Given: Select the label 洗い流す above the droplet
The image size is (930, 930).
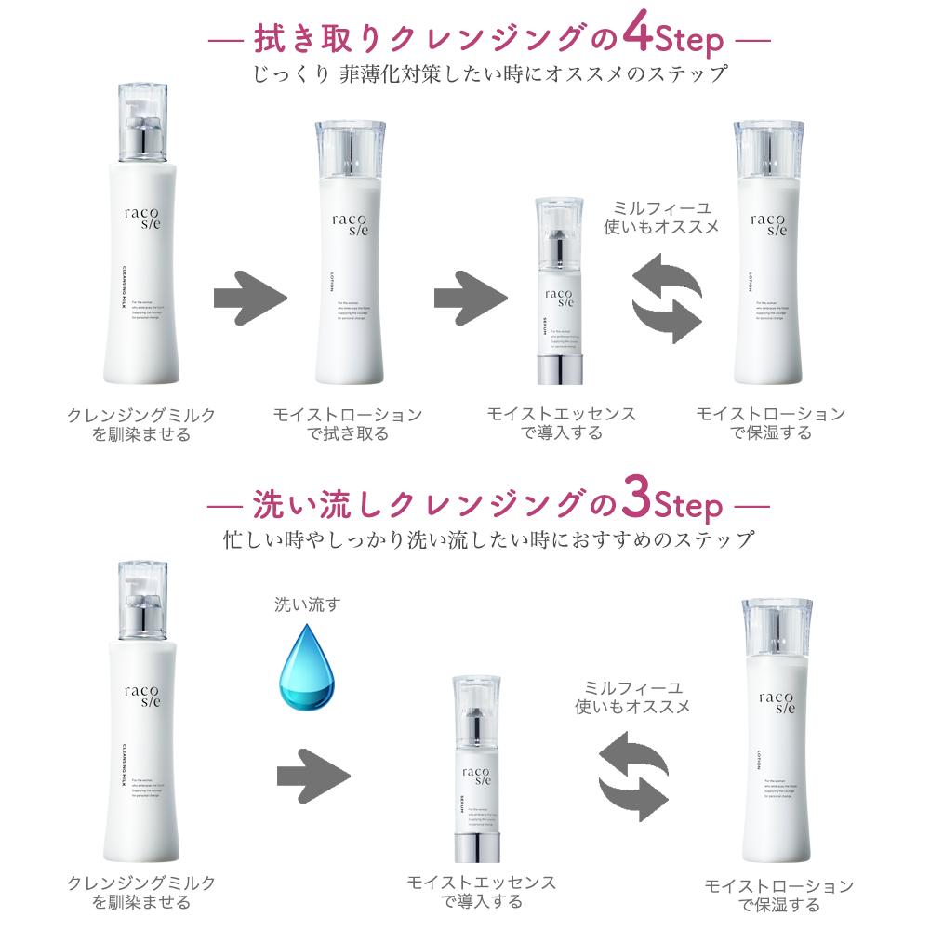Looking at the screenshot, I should point(307,605).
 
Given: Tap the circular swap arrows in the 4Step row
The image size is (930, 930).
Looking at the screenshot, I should point(666,300).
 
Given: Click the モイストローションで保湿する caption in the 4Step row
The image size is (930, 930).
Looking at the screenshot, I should point(771,422).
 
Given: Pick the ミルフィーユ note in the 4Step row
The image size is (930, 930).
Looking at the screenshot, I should point(661,217).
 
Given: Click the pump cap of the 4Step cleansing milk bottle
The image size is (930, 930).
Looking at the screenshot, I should point(142,121).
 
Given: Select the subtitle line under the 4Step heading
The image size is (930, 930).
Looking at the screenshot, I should point(489,74).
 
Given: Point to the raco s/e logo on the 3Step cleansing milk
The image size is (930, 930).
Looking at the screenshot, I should point(140,697).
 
